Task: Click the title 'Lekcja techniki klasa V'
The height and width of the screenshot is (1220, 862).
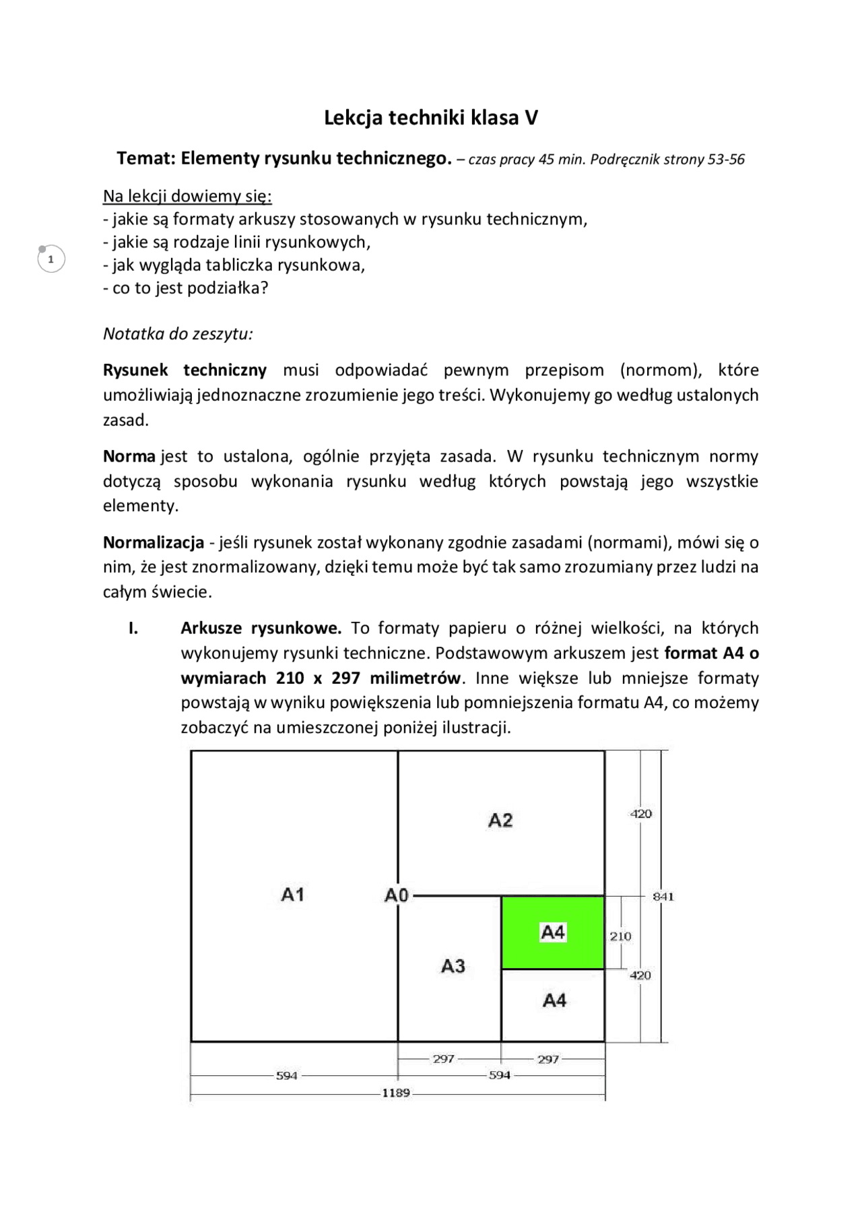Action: click(431, 118)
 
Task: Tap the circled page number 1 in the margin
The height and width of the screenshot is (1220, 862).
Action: click(51, 259)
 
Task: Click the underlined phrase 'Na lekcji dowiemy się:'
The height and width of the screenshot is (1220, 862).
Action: click(187, 196)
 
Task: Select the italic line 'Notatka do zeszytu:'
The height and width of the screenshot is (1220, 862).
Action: click(178, 333)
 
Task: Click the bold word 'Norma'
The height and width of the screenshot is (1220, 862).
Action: click(129, 456)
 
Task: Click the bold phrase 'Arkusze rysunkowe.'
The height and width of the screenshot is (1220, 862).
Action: click(261, 628)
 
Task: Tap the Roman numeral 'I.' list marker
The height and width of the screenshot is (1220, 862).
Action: click(133, 628)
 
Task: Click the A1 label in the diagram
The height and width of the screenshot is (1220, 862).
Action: click(293, 895)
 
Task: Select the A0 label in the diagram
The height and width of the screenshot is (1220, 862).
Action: click(397, 895)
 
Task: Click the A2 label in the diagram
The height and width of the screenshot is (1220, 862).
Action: click(500, 821)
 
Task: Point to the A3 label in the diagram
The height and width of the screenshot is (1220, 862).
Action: click(453, 967)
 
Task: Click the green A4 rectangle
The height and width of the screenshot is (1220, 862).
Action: click(552, 932)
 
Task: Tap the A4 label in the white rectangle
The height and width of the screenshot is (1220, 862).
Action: click(554, 1000)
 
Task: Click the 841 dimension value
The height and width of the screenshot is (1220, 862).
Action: click(663, 897)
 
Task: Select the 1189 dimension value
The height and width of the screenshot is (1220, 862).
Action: click(396, 1093)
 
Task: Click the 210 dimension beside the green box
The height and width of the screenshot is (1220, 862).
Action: click(620, 936)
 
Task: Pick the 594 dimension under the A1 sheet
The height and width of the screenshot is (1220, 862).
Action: click(287, 1076)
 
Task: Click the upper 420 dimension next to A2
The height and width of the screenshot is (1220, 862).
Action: click(640, 814)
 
